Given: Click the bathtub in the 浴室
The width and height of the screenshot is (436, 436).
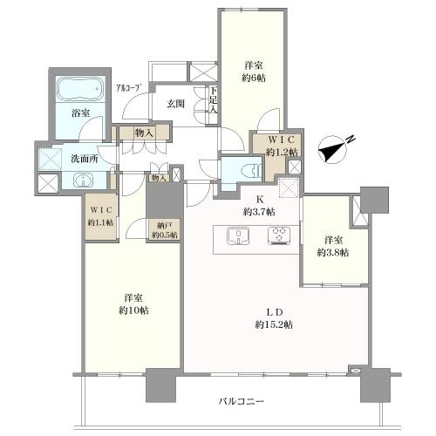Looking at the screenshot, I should tap(81, 91).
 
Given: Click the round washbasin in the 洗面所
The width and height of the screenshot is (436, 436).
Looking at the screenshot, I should tap(81, 181).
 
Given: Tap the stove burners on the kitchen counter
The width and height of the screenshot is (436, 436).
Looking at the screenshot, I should tap(279, 235).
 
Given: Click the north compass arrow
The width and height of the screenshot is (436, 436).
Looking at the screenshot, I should tap(335, 150).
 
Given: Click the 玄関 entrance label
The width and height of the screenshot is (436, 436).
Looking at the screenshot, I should tap(176, 104).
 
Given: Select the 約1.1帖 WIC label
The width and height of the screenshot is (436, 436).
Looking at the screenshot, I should tap(103, 221).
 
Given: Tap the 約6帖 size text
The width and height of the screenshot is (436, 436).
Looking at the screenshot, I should tap(255, 77).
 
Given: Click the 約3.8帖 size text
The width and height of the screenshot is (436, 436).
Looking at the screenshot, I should tap(333, 252).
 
